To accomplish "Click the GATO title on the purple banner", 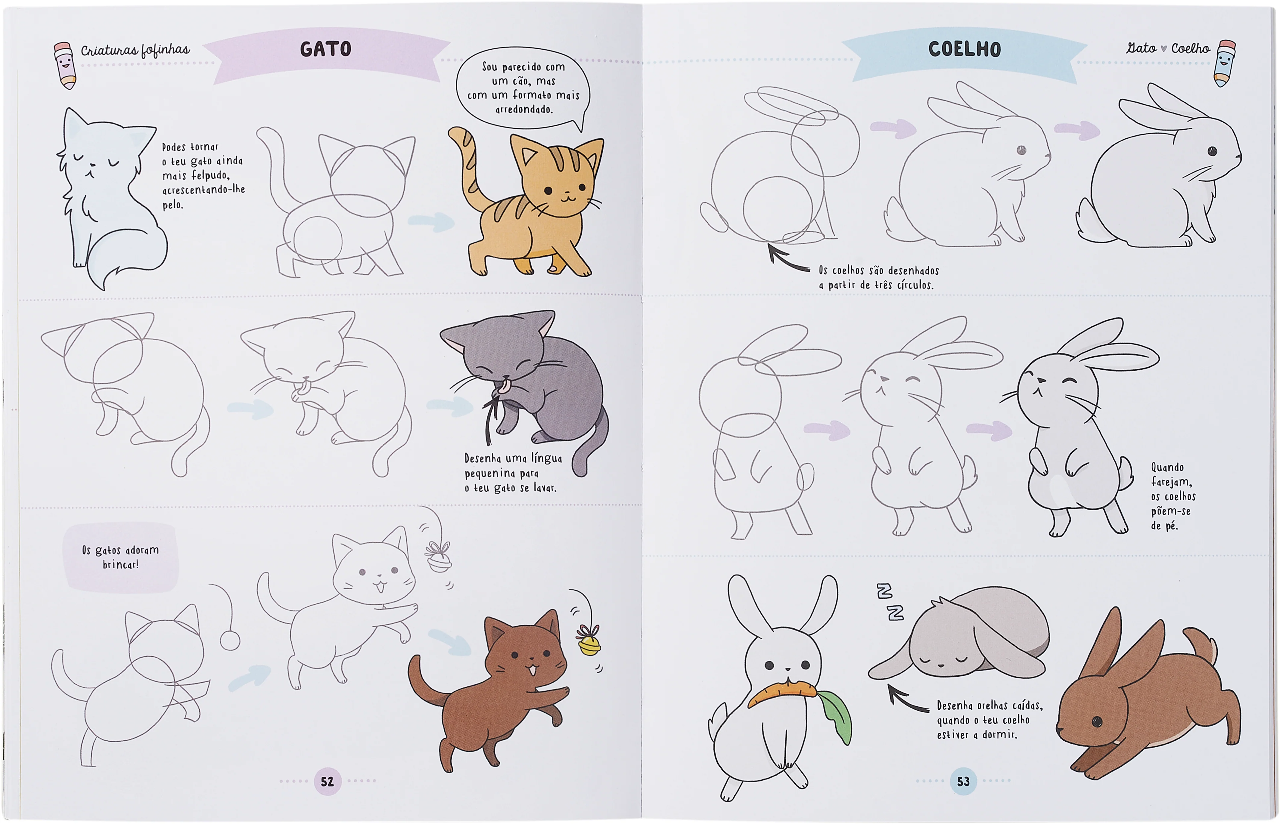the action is pos(325,49).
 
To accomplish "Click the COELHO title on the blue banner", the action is pos(964,49).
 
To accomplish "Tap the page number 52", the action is pos(327,782).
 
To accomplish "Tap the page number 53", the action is pos(963,782).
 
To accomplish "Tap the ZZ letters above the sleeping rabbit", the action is pos(890,601).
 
